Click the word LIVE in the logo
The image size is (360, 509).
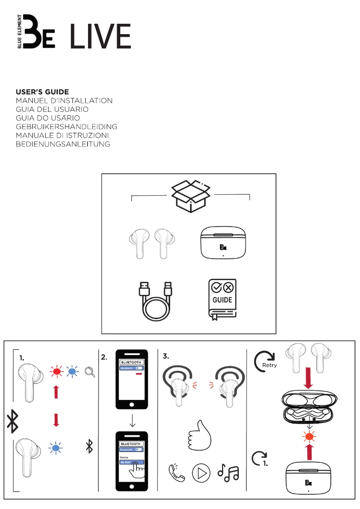coord(101,36)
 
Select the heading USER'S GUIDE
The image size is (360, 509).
coord(43,92)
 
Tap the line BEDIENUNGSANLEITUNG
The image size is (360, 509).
coord(63,144)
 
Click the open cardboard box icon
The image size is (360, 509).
coord(191,196)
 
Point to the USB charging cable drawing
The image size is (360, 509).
coord(155,301)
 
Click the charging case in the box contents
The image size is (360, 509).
coord(223,242)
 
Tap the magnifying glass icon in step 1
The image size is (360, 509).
coord(90,372)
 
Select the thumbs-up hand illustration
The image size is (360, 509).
coord(199,435)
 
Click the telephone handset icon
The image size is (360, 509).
coord(176,473)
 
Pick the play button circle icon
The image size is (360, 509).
coord(201,473)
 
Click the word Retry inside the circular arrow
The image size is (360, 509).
coord(269,365)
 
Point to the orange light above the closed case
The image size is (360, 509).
coord(309,437)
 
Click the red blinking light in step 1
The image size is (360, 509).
coord(57,371)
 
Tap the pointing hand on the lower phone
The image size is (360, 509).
coord(136,470)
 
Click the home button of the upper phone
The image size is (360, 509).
coord(132,404)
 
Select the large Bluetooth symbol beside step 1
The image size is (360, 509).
coord(13,421)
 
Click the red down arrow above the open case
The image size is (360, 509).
coord(308,378)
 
